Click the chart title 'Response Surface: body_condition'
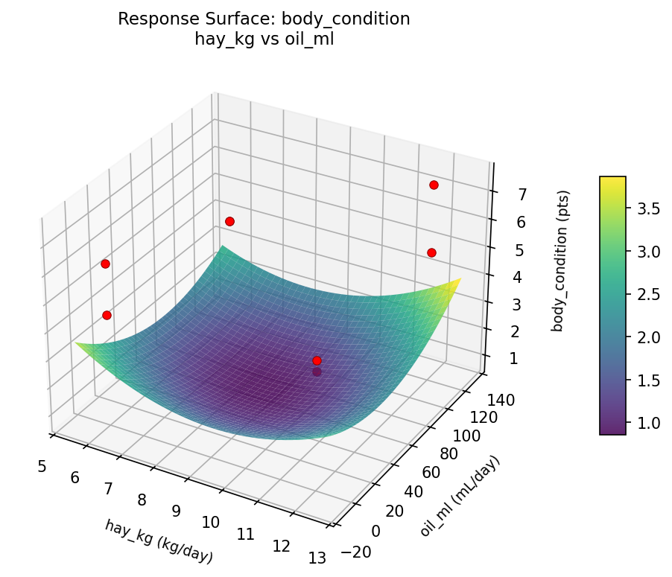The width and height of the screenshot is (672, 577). click(264, 19)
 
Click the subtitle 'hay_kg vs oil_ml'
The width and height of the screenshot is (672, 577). click(264, 39)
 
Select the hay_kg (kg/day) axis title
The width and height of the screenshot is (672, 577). click(159, 541)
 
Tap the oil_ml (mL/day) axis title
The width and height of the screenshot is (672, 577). click(460, 496)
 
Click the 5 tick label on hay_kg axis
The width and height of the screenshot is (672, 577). click(42, 466)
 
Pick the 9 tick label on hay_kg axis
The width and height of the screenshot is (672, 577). click(176, 511)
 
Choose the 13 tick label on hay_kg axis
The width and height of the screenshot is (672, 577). click(317, 558)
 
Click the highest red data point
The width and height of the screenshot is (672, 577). click(434, 185)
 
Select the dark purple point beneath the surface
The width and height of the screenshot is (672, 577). click(317, 372)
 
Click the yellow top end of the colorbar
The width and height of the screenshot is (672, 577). click(612, 181)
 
